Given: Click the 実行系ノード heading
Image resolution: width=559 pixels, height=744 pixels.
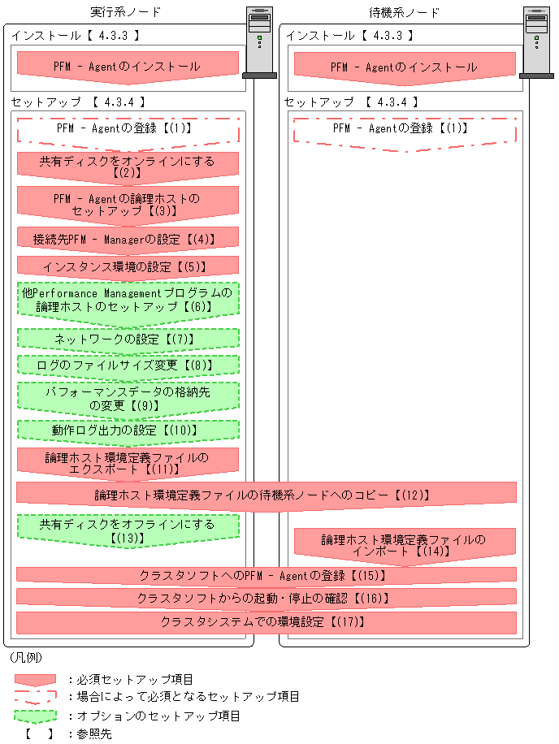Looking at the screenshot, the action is (x=126, y=12).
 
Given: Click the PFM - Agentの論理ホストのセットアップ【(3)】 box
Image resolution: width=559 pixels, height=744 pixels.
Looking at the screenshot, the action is (x=128, y=204).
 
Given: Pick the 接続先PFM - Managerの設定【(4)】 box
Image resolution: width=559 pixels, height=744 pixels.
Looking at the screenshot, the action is (x=128, y=240).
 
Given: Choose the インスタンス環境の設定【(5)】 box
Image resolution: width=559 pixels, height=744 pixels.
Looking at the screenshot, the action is (x=128, y=266).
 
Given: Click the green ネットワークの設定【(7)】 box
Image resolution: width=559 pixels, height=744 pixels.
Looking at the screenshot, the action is (x=128, y=339).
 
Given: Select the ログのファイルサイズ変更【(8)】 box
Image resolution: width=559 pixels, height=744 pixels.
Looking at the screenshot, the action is (x=128, y=365).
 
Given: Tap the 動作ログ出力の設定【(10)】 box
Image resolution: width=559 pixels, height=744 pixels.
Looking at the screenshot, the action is (x=128, y=430).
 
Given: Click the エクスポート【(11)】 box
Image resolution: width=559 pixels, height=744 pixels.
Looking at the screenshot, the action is (x=128, y=463).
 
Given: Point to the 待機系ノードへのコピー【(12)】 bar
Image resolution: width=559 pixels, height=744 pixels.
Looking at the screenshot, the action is (x=266, y=494).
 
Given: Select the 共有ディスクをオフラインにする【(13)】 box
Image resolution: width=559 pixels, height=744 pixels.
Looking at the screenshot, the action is (x=128, y=530).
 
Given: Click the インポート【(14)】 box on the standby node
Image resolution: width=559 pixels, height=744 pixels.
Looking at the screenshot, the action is (x=404, y=545).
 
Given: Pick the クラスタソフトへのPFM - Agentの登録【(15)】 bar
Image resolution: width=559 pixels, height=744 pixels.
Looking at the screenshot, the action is (x=266, y=575).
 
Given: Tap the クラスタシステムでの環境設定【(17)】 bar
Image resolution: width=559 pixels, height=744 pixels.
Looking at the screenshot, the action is (x=266, y=622).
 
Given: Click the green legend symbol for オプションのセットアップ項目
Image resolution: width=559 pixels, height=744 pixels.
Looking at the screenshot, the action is (x=35, y=716).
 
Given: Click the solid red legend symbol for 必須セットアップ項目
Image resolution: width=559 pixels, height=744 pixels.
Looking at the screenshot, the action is (x=35, y=679).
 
